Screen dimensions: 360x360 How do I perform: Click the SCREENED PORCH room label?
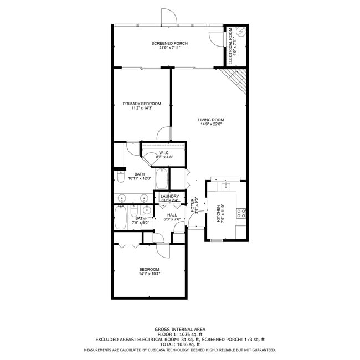[169, 43]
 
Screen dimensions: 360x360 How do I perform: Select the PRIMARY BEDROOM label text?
[142, 104]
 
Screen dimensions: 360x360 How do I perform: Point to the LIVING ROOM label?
[210, 120]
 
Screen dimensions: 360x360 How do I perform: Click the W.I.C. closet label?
[164, 153]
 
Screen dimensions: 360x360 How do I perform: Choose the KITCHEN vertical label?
[218, 213]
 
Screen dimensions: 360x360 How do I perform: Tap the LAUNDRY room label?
[169, 196]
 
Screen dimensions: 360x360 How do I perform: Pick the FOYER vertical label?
[193, 205]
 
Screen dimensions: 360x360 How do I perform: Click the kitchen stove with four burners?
[241, 212]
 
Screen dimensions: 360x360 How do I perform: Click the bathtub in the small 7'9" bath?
[120, 218]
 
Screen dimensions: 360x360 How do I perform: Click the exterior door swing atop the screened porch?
[168, 17]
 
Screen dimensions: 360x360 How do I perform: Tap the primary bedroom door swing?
[164, 133]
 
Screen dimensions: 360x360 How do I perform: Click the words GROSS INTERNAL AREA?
[179, 329]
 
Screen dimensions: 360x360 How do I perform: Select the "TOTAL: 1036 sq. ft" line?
[179, 344]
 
